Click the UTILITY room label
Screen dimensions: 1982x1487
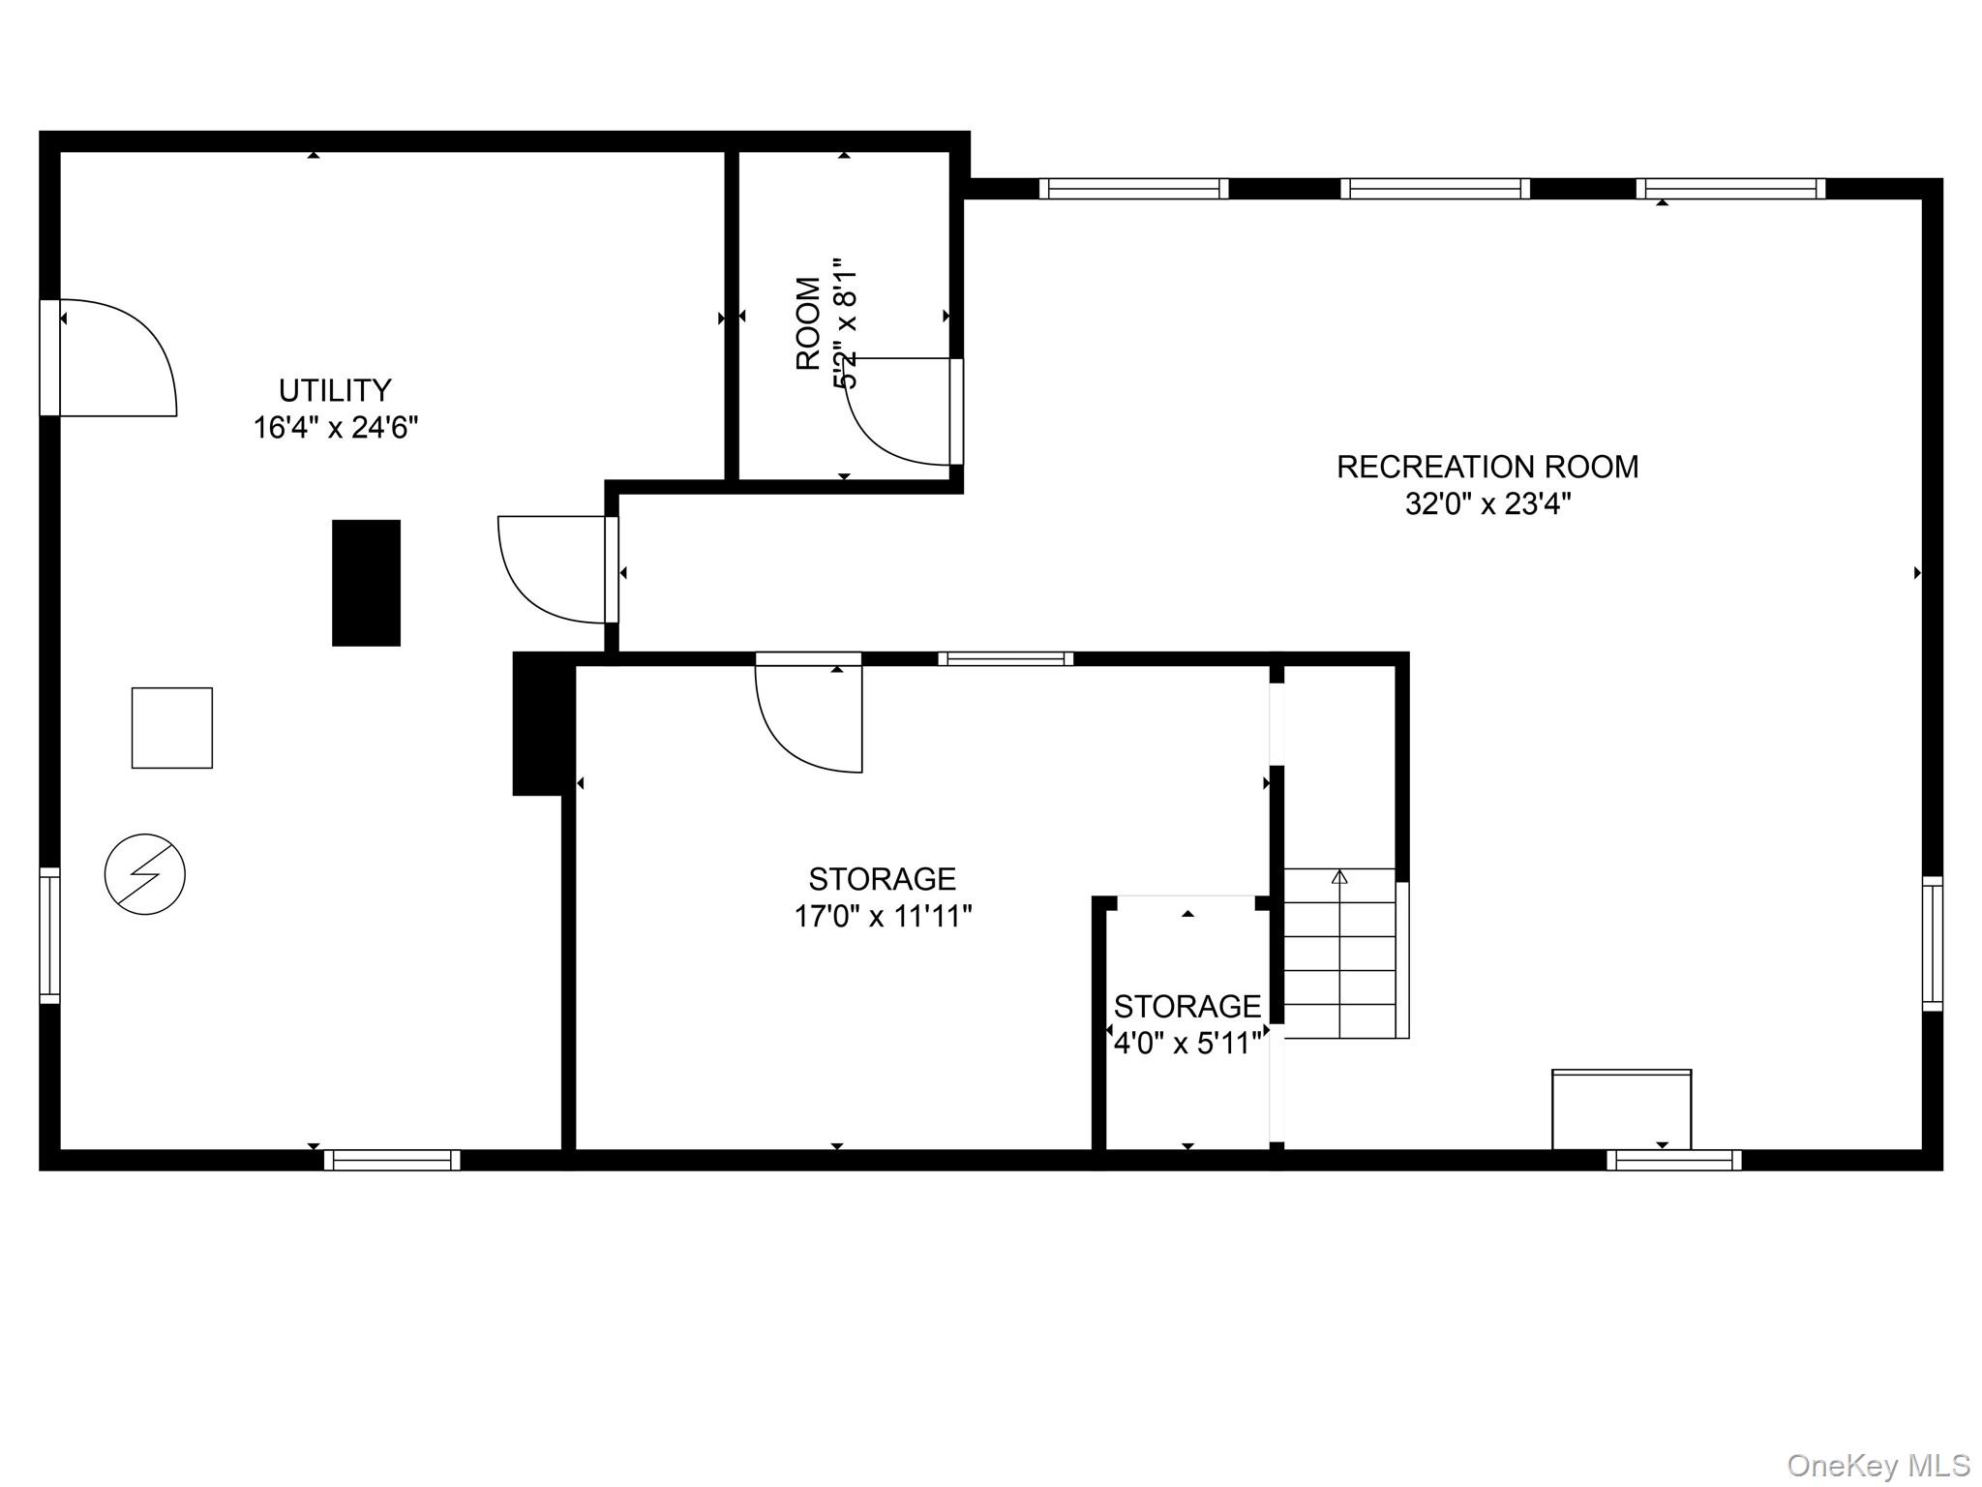pos(335,390)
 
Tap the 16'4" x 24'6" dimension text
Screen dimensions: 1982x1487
pos(336,427)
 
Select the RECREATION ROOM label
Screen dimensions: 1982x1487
pos(1487,467)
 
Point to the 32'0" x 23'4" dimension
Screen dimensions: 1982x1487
pos(1487,503)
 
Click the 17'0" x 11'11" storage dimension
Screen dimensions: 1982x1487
pos(883,916)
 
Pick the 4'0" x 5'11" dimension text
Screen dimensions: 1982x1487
pos(1187,1044)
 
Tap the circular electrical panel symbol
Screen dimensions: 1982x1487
pos(145,874)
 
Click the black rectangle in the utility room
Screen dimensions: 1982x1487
pos(366,583)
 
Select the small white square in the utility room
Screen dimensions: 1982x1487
pos(172,728)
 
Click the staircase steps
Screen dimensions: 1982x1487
pos(1340,954)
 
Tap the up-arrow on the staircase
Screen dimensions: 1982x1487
pos(1339,876)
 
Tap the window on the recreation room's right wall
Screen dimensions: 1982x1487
pos(1932,944)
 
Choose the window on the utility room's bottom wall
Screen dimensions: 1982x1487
pos(392,1160)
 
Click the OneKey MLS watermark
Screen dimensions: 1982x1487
pos(1878,1465)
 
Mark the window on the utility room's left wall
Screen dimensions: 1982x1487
pos(49,935)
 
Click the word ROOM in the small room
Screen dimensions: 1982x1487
pos(808,324)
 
